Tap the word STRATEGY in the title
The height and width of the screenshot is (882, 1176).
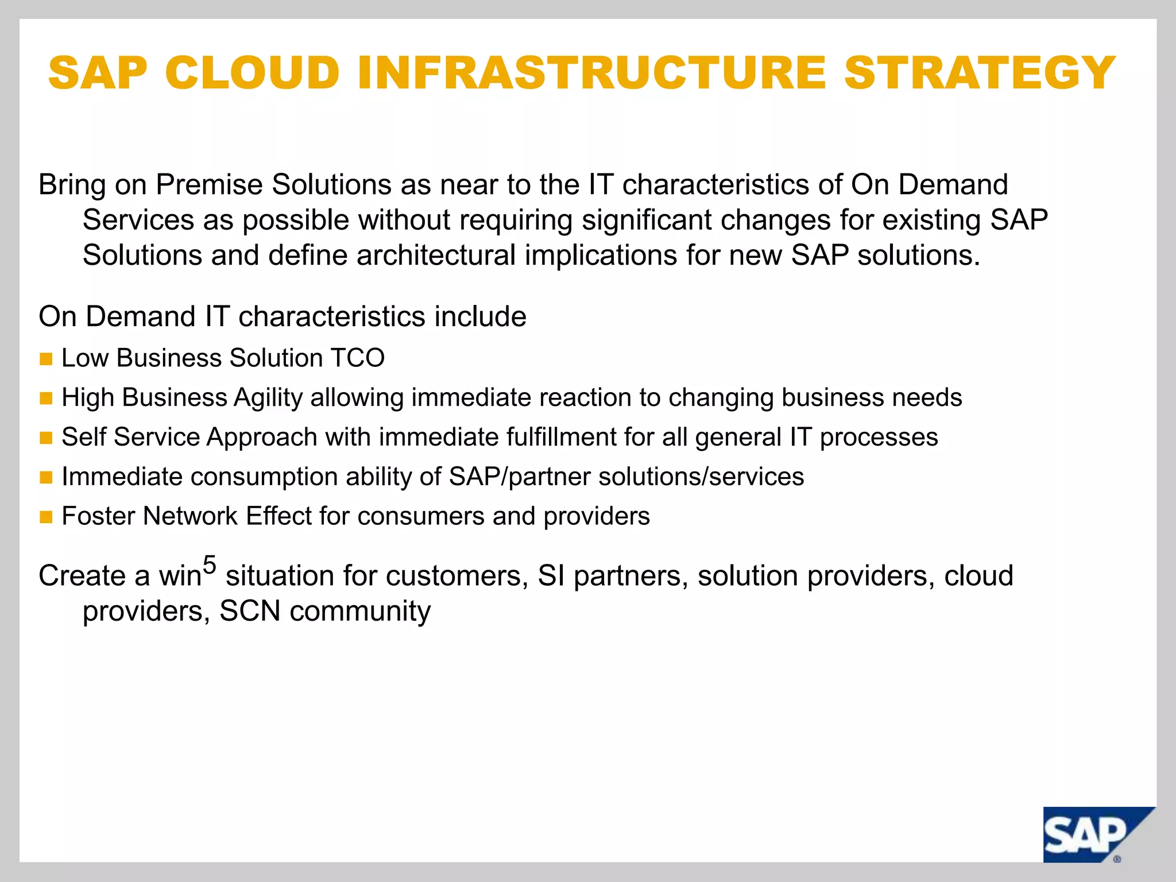point(980,73)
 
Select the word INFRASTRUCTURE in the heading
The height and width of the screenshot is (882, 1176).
point(591,73)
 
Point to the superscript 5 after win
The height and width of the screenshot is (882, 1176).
point(210,565)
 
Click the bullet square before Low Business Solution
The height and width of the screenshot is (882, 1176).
point(46,359)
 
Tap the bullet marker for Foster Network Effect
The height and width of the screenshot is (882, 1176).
point(46,517)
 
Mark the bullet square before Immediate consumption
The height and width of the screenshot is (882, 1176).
point(46,478)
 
